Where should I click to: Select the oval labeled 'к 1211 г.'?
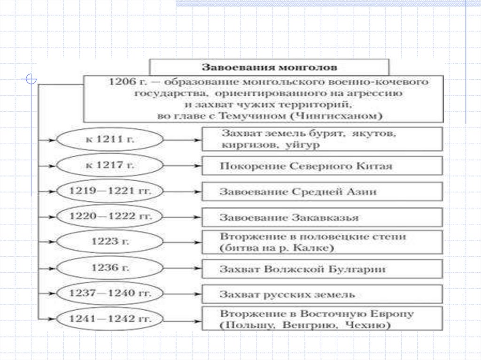click(x=109, y=139)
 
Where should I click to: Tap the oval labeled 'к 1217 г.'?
click(x=109, y=165)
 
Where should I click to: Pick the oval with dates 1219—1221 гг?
click(x=109, y=191)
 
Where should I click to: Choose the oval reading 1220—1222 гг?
click(x=109, y=217)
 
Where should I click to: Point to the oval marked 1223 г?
click(x=109, y=242)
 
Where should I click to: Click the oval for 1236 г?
click(x=109, y=268)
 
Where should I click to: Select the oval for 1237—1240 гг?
click(x=109, y=293)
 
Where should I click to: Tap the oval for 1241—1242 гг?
click(x=109, y=319)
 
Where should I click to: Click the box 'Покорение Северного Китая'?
click(x=322, y=166)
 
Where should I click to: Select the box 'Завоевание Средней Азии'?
click(x=322, y=191)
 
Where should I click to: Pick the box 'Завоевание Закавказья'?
click(x=322, y=217)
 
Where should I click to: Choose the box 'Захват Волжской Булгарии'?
click(x=322, y=269)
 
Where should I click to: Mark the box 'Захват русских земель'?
click(x=322, y=294)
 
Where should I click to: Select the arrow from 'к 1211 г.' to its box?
click(x=182, y=139)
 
